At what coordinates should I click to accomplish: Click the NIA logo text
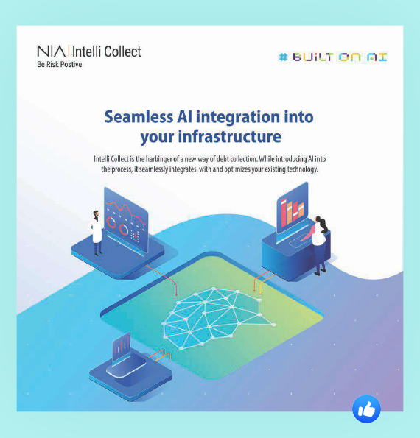51,52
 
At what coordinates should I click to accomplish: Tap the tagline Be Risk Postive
59,65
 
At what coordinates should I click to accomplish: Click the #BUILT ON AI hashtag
333,57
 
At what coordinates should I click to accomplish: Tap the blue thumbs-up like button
366,409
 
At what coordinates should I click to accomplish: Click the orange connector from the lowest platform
159,356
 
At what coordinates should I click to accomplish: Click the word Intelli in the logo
85,52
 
